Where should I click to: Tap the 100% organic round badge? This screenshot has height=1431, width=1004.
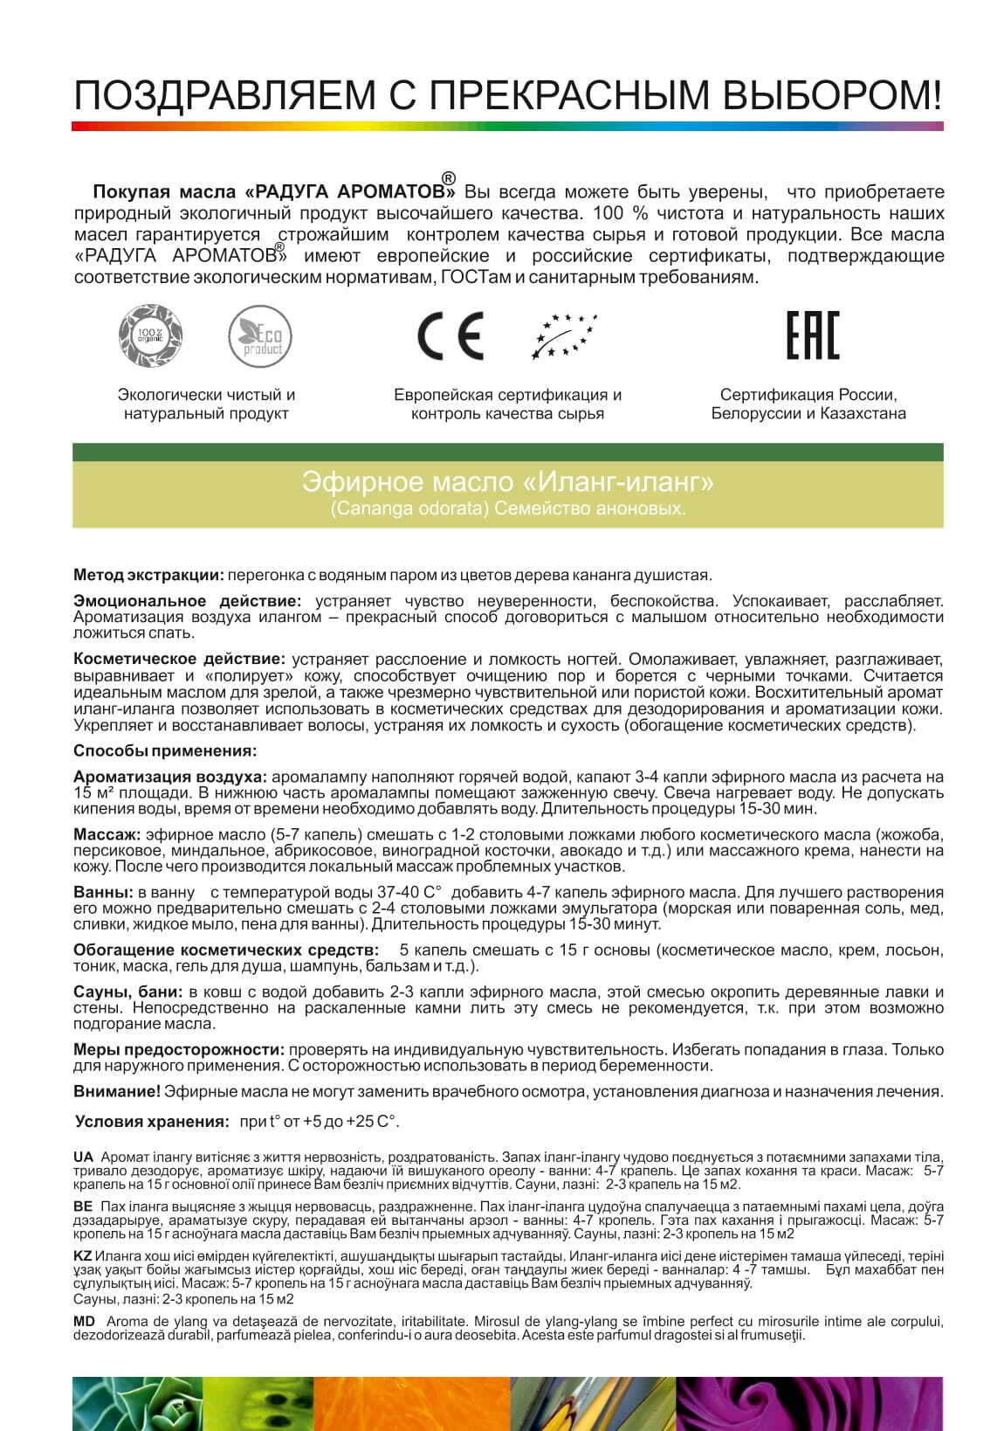pyautogui.click(x=150, y=335)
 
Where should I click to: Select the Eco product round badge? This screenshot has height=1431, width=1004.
pyautogui.click(x=260, y=336)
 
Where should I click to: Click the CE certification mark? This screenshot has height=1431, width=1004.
pyautogui.click(x=450, y=336)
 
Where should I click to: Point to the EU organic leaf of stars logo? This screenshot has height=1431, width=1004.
pyautogui.click(x=564, y=336)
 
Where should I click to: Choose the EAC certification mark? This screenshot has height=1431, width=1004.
pyautogui.click(x=812, y=335)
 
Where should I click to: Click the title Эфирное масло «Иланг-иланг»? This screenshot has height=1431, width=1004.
pyautogui.click(x=507, y=481)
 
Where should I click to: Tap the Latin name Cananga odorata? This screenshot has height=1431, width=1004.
pyautogui.click(x=409, y=508)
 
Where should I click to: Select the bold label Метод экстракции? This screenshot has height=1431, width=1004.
pyautogui.click(x=148, y=575)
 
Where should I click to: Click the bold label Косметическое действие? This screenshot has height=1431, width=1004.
pyautogui.click(x=179, y=659)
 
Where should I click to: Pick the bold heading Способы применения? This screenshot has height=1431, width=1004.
pyautogui.click(x=165, y=750)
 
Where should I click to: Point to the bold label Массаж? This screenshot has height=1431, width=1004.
pyautogui.click(x=107, y=834)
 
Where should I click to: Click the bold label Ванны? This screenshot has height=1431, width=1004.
pyautogui.click(x=103, y=892)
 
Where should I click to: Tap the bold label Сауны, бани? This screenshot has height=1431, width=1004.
pyautogui.click(x=127, y=992)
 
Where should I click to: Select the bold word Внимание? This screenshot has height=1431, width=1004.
pyautogui.click(x=116, y=1091)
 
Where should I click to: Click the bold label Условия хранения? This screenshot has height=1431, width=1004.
pyautogui.click(x=152, y=1122)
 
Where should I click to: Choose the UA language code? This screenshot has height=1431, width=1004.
pyautogui.click(x=83, y=1157)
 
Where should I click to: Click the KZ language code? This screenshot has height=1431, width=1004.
pyautogui.click(x=83, y=1255)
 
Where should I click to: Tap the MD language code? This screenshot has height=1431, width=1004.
pyautogui.click(x=84, y=1322)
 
